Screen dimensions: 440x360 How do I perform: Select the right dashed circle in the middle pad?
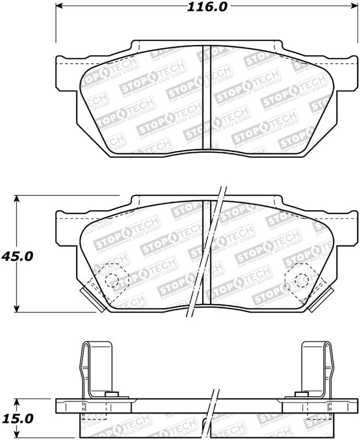301,279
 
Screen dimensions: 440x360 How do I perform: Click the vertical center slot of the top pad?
208,96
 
